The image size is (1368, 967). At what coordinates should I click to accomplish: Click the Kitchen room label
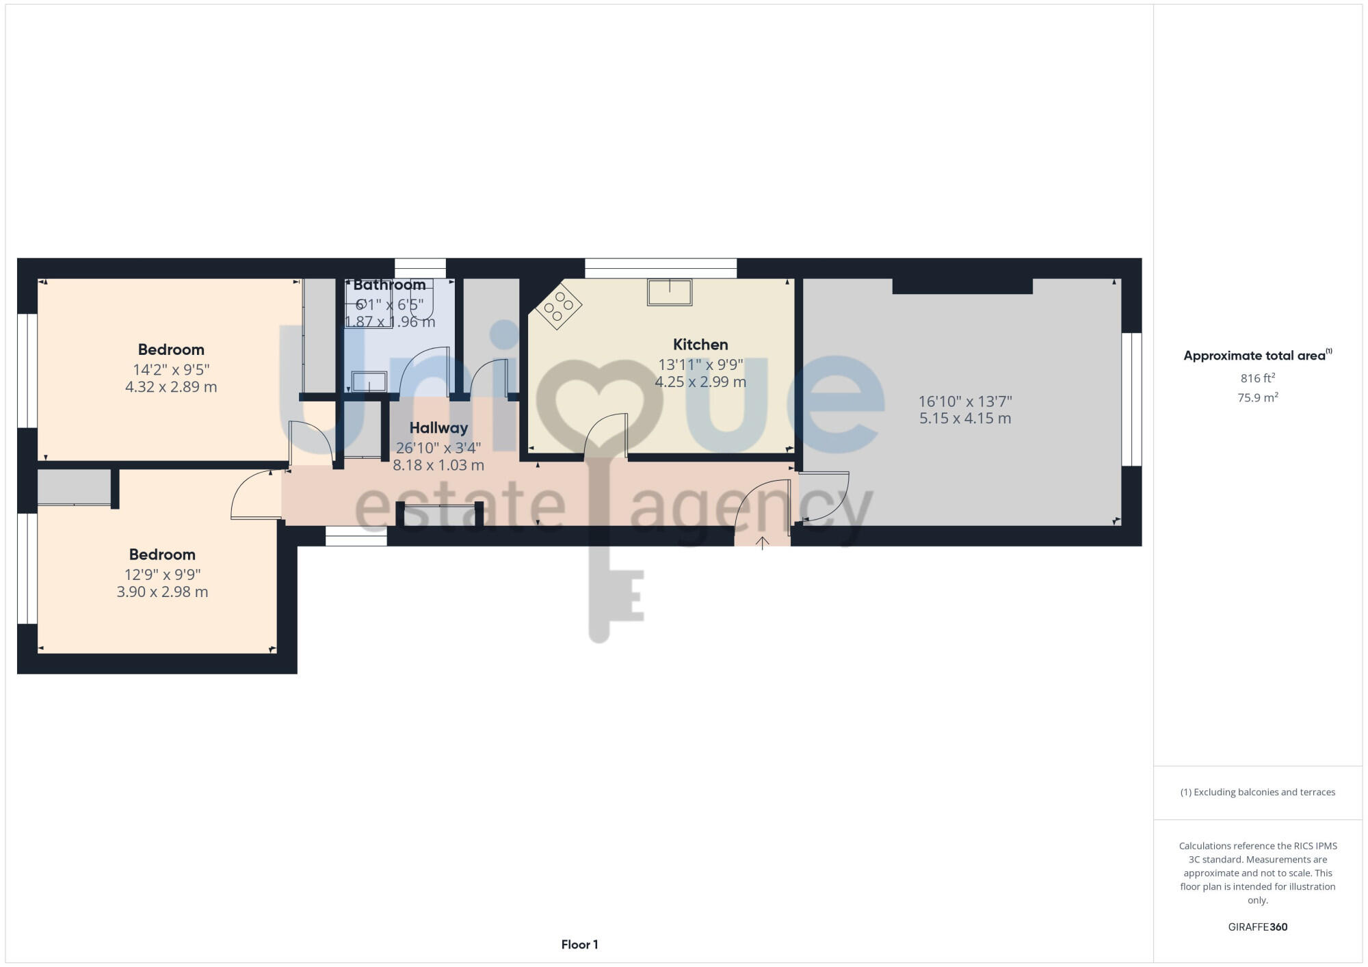tap(700, 345)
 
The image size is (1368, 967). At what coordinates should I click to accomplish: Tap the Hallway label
tap(438, 428)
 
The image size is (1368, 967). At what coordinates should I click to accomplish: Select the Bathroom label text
tap(389, 284)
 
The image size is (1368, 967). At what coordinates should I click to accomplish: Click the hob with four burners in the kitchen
tap(558, 306)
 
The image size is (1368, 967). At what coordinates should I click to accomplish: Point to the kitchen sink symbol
tap(670, 292)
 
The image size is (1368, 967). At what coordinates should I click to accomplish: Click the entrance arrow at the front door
tap(762, 543)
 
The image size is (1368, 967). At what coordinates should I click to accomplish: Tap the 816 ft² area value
tap(1257, 378)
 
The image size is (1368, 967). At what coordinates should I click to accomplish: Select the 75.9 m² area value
tap(1257, 397)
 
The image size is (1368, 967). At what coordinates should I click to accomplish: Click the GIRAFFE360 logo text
tap(1257, 927)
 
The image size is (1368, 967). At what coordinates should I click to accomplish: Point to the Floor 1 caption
tap(579, 944)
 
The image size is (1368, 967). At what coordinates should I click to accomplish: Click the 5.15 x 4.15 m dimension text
tap(964, 419)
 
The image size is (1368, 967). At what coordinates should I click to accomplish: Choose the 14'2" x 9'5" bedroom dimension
tap(171, 370)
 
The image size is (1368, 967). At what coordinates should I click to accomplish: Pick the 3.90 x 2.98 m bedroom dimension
tap(162, 592)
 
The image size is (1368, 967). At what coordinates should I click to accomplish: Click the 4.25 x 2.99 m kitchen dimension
tap(700, 382)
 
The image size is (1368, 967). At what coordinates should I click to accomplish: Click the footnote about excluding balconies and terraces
tap(1257, 792)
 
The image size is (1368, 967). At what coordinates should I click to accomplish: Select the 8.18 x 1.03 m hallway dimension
tap(438, 466)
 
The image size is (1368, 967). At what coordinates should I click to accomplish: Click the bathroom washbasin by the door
tap(369, 381)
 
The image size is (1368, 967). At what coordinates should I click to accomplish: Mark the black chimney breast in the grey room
tap(962, 286)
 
